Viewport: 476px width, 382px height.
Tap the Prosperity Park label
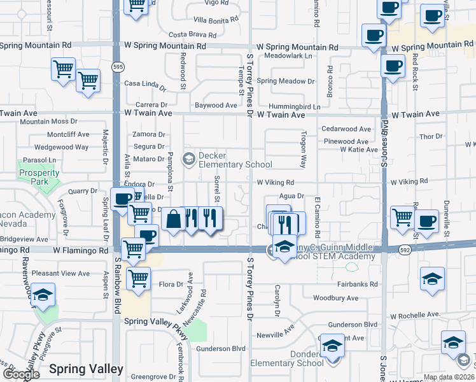(x=34, y=177)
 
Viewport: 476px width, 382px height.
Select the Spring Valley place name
(x=86, y=369)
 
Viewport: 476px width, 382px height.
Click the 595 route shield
(x=117, y=67)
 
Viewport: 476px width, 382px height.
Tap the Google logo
(x=21, y=374)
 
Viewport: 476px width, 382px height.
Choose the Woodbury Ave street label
(x=335, y=298)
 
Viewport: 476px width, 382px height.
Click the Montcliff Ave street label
(x=68, y=134)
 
